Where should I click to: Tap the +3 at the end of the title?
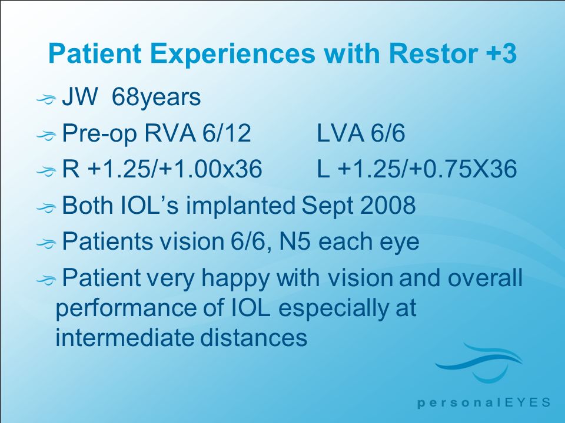[x=501, y=53]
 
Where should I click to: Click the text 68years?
[x=157, y=98]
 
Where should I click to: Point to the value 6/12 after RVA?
[x=227, y=133]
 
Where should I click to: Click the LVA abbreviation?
[x=340, y=133]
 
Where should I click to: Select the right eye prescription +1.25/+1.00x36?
[x=162, y=169]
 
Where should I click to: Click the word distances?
[x=253, y=337]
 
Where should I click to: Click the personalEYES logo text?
[x=484, y=402]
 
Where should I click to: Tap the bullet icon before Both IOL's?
[x=46, y=207]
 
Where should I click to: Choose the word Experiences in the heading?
[x=232, y=54]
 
